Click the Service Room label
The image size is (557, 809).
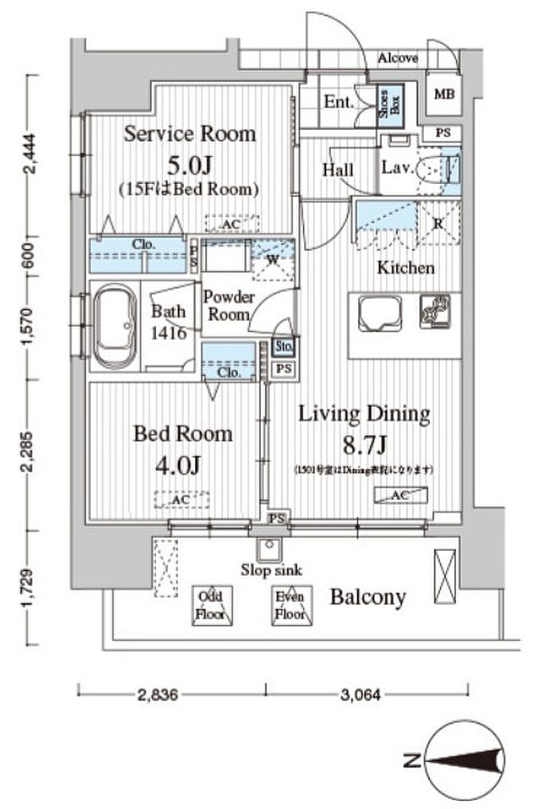[189, 134]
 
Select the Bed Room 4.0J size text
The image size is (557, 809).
[182, 464]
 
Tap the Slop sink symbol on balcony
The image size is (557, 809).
[268, 549]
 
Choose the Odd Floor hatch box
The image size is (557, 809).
[211, 605]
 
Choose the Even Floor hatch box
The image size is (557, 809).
[290, 605]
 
